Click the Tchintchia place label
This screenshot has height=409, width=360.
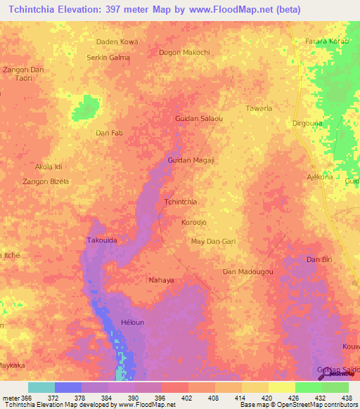tap(179, 202)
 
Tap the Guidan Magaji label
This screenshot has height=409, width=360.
tap(189, 160)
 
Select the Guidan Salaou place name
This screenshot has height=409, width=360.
tap(198, 118)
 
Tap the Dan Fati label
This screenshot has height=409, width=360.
tap(109, 132)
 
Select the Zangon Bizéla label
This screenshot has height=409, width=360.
tap(46, 181)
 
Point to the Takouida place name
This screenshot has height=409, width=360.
tap(101, 240)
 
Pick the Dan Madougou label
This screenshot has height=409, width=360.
tap(247, 271)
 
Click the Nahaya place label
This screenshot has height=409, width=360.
tap(161, 280)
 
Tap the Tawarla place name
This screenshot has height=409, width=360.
tap(259, 108)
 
